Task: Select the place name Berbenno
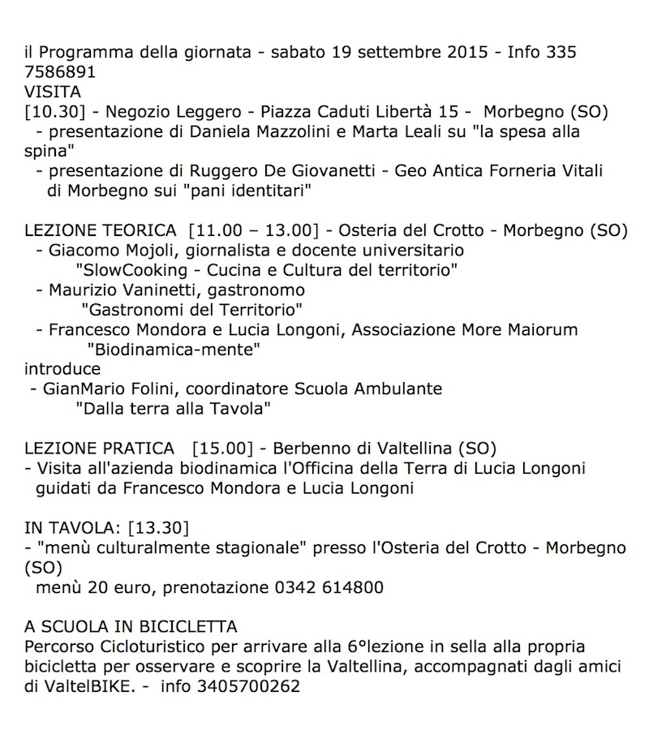pos(309,449)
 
